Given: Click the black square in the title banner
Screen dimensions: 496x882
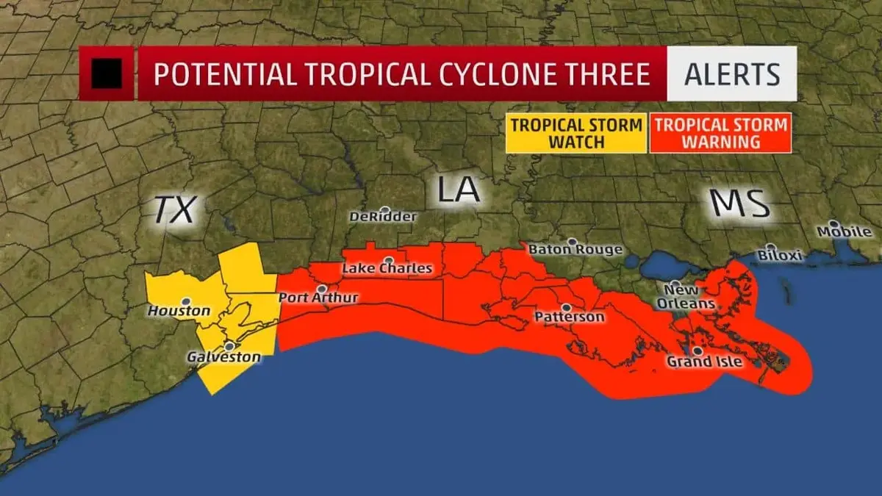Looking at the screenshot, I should pos(107,74).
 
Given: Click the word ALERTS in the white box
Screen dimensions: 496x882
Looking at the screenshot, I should pos(732,74).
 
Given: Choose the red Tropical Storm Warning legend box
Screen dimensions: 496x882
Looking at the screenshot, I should pos(720,132).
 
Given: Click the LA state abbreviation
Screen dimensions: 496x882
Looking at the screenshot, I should pos(458,189).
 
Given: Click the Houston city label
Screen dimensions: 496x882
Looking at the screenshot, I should pos(179,312).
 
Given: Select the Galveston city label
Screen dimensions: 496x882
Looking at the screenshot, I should pos(223,358).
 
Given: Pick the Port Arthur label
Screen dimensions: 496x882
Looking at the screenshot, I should pos(318,298).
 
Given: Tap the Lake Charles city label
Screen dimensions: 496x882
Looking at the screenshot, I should pos(387,269).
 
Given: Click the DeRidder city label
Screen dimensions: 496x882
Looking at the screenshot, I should pos(383,218).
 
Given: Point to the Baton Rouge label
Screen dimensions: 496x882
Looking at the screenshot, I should pos(576,251).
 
